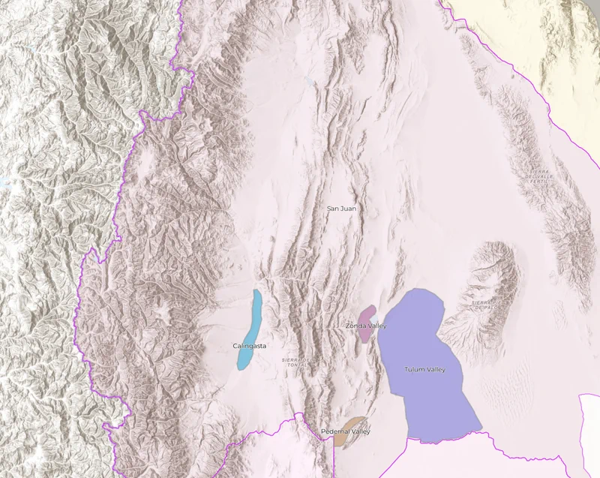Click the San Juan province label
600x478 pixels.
tap(342, 208)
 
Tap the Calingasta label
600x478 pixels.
tap(250, 346)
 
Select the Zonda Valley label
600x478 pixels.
tap(366, 326)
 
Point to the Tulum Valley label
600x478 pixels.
tap(424, 369)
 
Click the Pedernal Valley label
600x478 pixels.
tap(345, 431)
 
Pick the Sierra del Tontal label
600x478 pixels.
tap(296, 362)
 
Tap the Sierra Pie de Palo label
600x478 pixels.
tap(487, 303)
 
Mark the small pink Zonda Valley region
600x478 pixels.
tap(367, 314)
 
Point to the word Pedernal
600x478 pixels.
tap(334, 431)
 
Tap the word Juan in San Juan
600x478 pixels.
tap(348, 208)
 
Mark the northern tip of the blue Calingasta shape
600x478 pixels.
tap(257, 292)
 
